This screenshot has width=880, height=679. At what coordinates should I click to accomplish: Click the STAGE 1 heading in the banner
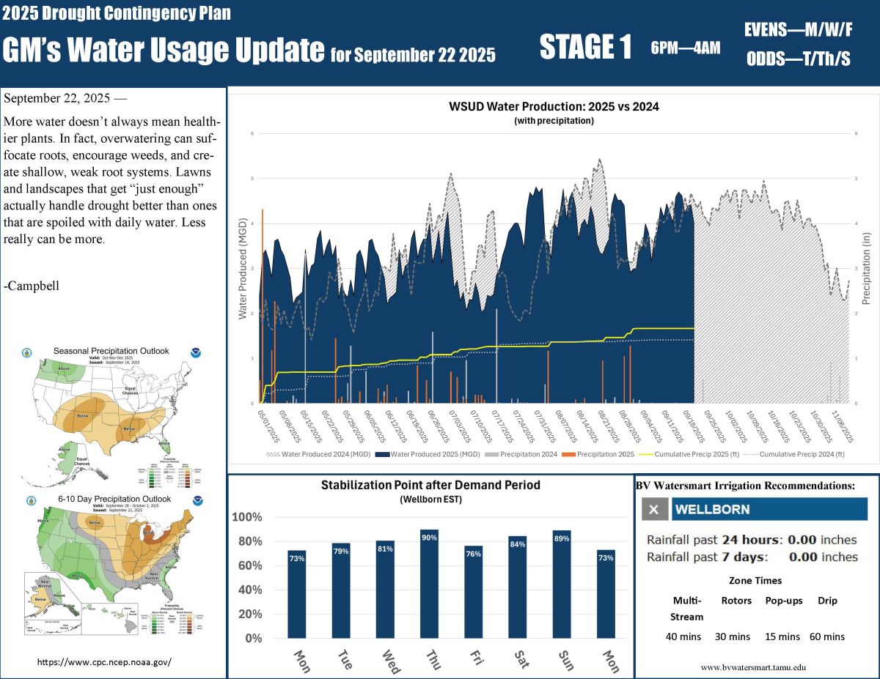point(584,48)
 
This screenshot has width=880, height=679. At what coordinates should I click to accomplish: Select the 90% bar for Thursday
point(429,582)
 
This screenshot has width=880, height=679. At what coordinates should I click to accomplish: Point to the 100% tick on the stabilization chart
point(246,517)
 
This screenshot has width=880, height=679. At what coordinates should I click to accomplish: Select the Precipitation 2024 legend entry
point(518,454)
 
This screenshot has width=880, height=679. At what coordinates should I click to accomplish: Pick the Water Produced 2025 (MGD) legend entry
point(428,454)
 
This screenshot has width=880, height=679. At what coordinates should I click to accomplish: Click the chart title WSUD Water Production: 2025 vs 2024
point(554,106)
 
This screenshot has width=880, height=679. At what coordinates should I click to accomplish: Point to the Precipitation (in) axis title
point(865,268)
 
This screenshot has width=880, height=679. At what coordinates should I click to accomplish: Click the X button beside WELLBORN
point(654,510)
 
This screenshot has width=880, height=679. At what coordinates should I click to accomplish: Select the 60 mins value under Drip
point(827,637)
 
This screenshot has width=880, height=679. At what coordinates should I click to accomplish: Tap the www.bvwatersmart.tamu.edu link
point(753,667)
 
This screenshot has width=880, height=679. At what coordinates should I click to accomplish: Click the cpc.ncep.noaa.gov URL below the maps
point(104,662)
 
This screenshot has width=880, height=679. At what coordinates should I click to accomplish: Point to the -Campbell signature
point(32,286)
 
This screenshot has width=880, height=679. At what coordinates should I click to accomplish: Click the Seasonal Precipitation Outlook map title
point(111,351)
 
